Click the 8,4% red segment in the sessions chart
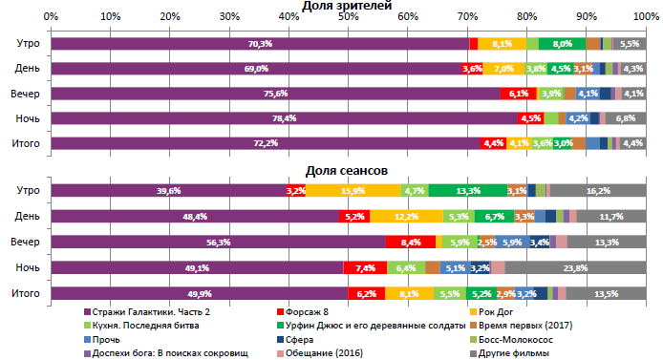click(411, 243)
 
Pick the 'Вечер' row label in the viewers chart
click(26, 94)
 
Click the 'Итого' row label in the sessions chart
click(26, 294)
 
